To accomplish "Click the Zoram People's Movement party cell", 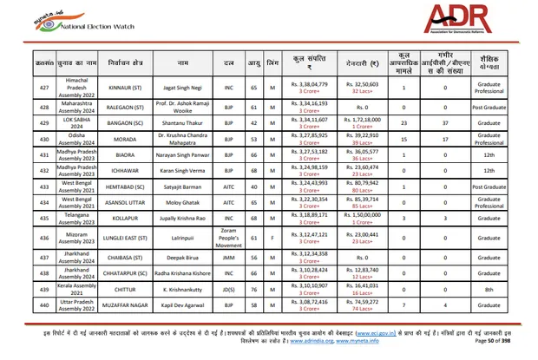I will coord(229,236).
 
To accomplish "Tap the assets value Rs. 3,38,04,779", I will coord(309,84).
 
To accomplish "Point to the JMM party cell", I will coord(229,257).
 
